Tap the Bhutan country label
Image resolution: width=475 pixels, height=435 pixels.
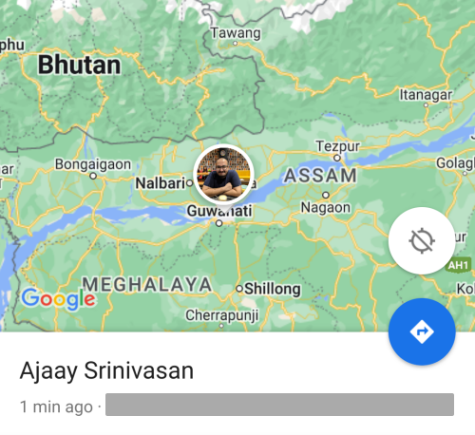tap(79, 66)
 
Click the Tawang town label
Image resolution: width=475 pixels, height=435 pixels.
tap(235, 33)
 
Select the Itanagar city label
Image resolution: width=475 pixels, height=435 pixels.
tap(424, 95)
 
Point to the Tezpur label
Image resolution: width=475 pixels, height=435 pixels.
tap(336, 146)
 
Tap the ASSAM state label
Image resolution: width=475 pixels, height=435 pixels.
tap(320, 176)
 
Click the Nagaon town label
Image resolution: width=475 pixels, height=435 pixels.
tap(325, 207)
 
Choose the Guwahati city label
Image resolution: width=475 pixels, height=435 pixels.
tap(219, 210)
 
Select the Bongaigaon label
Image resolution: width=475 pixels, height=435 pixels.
tap(92, 163)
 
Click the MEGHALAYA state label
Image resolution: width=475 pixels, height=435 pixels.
tap(146, 283)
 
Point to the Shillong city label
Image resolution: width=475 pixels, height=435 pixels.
tap(272, 288)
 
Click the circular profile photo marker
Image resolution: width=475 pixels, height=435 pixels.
tap(223, 174)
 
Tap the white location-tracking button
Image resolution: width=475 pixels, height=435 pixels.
tap(422, 241)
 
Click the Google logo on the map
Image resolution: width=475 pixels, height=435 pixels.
tap(58, 298)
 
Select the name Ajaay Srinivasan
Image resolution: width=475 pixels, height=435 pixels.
tap(106, 370)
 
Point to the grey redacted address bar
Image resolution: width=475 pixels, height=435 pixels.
tap(279, 406)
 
